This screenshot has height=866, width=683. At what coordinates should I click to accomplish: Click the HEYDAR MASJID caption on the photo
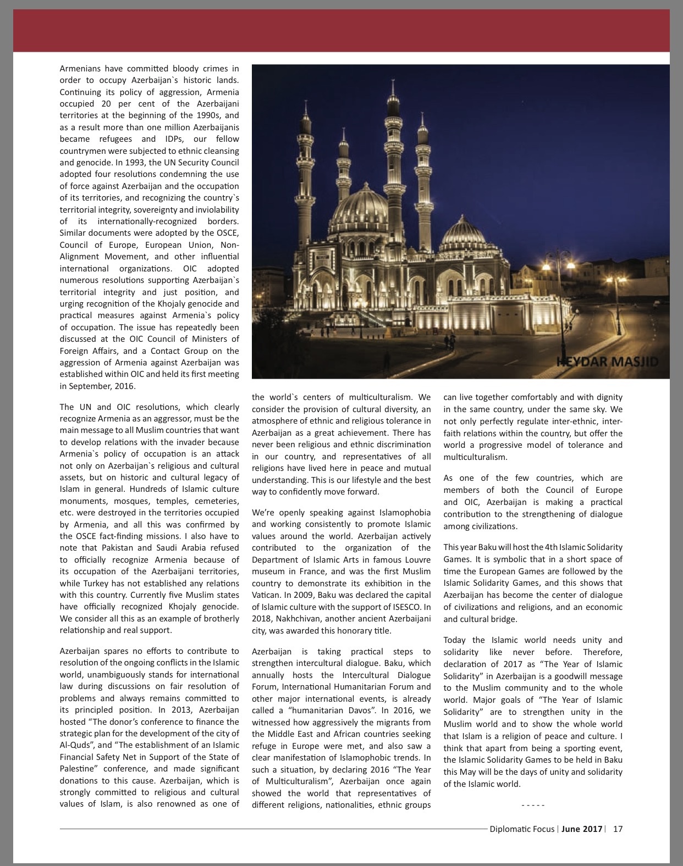(x=607, y=362)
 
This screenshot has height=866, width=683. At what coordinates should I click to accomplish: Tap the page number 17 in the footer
(x=618, y=829)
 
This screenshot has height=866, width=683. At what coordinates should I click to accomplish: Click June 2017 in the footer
(x=582, y=829)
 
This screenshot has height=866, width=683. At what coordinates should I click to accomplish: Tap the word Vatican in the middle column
(x=266, y=595)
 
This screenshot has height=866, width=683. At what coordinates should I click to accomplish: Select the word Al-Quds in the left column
(x=74, y=746)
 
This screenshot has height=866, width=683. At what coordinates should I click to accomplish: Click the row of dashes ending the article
(x=532, y=806)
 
